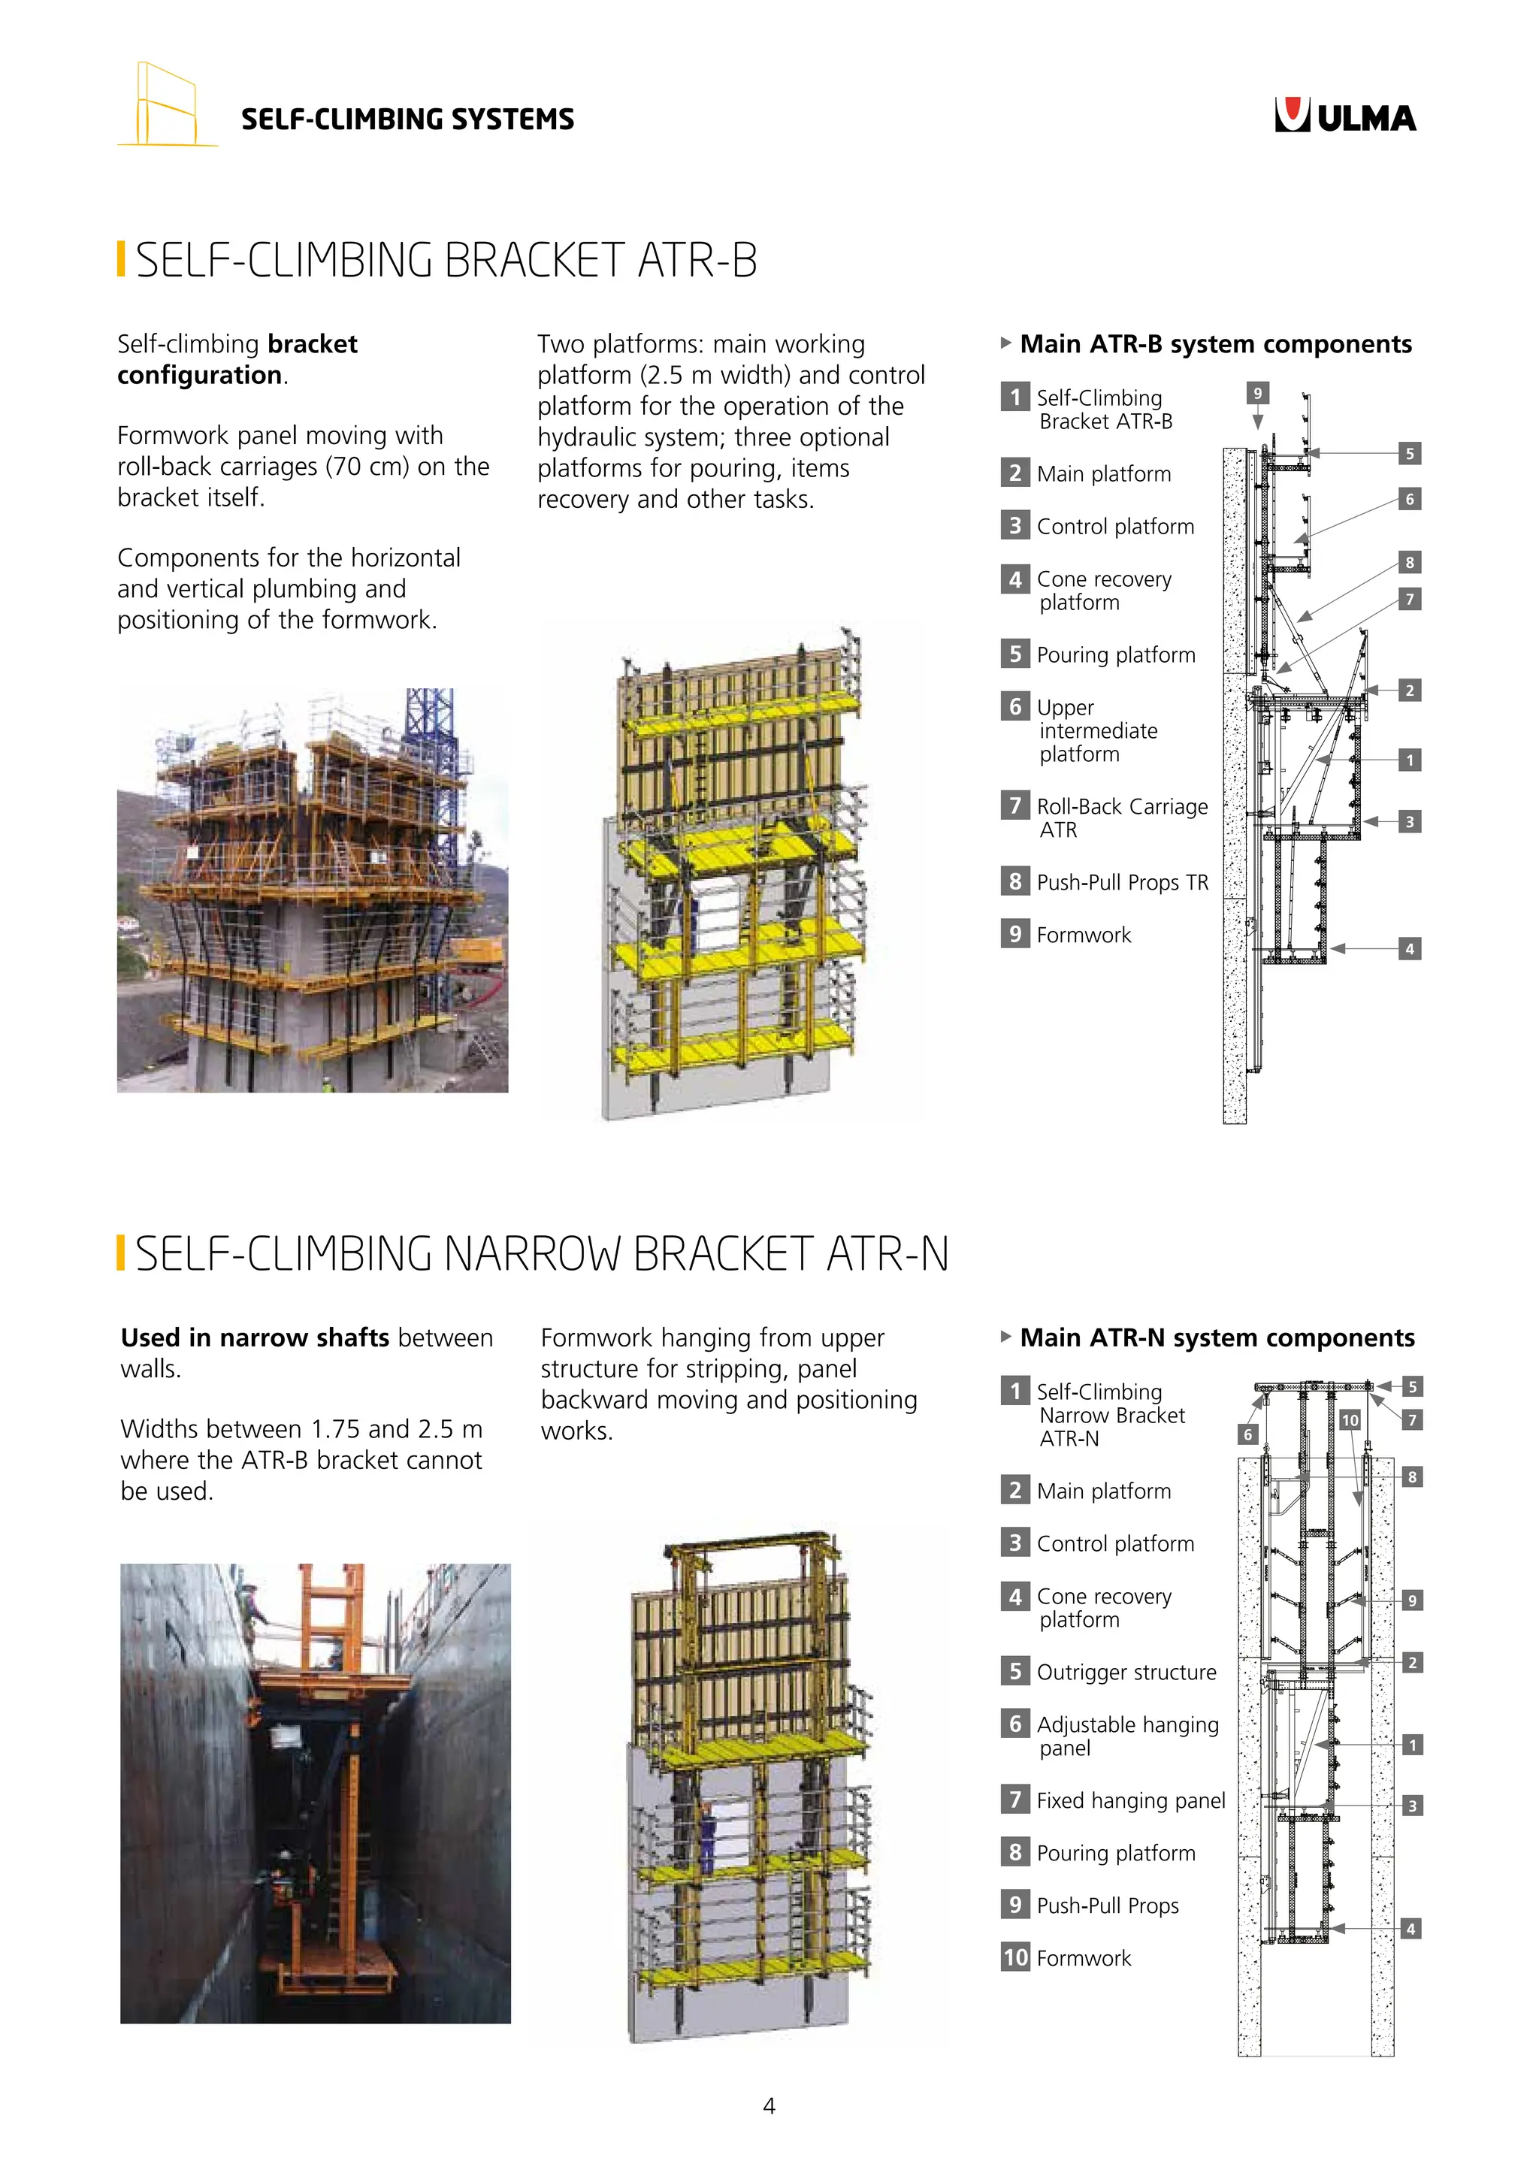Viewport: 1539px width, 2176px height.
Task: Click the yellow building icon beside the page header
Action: tap(167, 105)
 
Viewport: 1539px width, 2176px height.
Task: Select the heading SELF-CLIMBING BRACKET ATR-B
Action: tap(446, 261)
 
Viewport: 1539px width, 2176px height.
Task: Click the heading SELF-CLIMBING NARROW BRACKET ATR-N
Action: tap(541, 1254)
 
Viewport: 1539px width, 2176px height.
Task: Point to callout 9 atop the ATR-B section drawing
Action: tap(1256, 393)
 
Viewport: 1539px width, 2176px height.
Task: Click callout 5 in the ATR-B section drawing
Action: tap(1409, 454)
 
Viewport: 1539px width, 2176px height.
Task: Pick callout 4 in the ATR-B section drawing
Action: tap(1409, 949)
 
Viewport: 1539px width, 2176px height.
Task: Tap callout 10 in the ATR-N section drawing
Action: tap(1350, 1419)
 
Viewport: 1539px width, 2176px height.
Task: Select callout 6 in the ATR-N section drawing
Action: tap(1247, 1435)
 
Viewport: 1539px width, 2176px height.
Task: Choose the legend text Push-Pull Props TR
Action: tap(1122, 882)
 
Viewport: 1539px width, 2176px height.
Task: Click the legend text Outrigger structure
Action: tap(1126, 1672)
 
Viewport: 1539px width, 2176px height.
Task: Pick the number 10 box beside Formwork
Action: tap(1015, 1957)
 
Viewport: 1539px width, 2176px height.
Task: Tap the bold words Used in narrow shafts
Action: tap(255, 1337)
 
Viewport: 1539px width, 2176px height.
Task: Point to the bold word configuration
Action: tap(199, 375)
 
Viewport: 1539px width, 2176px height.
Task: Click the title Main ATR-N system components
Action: tap(1217, 1337)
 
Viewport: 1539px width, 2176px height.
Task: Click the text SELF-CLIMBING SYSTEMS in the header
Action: tap(407, 119)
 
